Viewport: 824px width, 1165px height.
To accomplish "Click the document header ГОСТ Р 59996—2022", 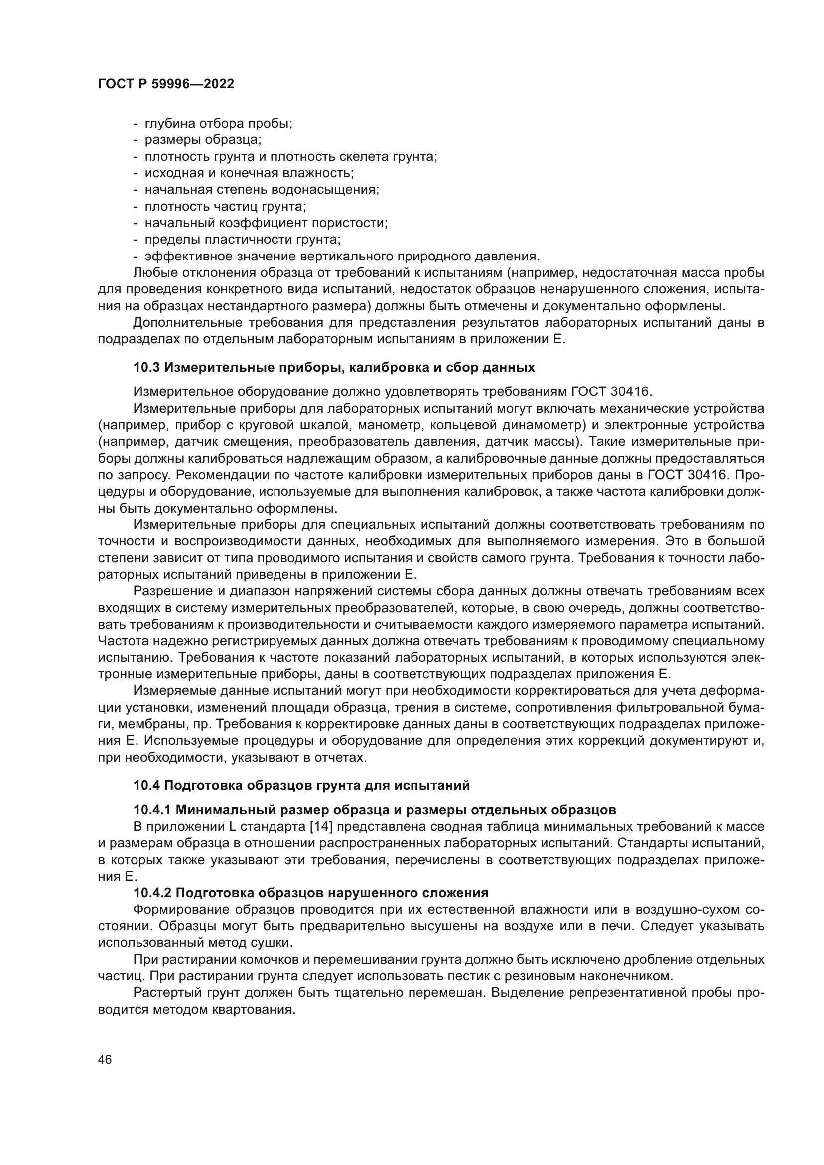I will (166, 84).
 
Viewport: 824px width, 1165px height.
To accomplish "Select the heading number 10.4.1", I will (152, 809).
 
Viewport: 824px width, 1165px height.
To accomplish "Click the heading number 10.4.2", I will (152, 893).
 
